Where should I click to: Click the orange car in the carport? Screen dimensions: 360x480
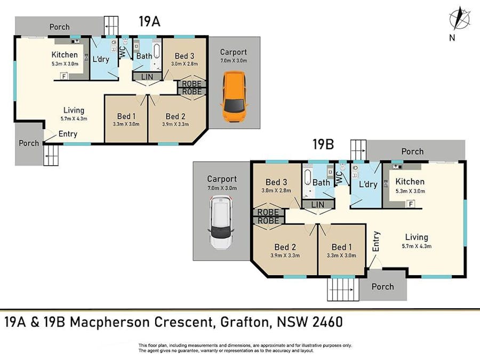234,97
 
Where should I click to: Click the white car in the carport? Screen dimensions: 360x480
221,222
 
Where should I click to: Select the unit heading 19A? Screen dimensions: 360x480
149,22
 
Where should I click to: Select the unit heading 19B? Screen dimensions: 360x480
323,144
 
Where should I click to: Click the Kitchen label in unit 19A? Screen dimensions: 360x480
65,54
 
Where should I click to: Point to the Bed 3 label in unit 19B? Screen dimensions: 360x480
276,182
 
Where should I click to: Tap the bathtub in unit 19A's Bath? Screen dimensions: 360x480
157,55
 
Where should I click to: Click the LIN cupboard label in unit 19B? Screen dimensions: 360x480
317,205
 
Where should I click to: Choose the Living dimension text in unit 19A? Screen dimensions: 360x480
74,118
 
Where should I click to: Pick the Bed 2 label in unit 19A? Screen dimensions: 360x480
175,116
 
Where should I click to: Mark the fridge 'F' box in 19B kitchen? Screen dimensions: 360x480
411,204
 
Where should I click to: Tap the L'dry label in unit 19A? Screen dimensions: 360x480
101,59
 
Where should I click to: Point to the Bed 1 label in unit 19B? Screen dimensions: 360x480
342,247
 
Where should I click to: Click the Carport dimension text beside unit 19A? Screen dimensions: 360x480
234,61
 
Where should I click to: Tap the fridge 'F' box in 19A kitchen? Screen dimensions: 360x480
65,76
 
